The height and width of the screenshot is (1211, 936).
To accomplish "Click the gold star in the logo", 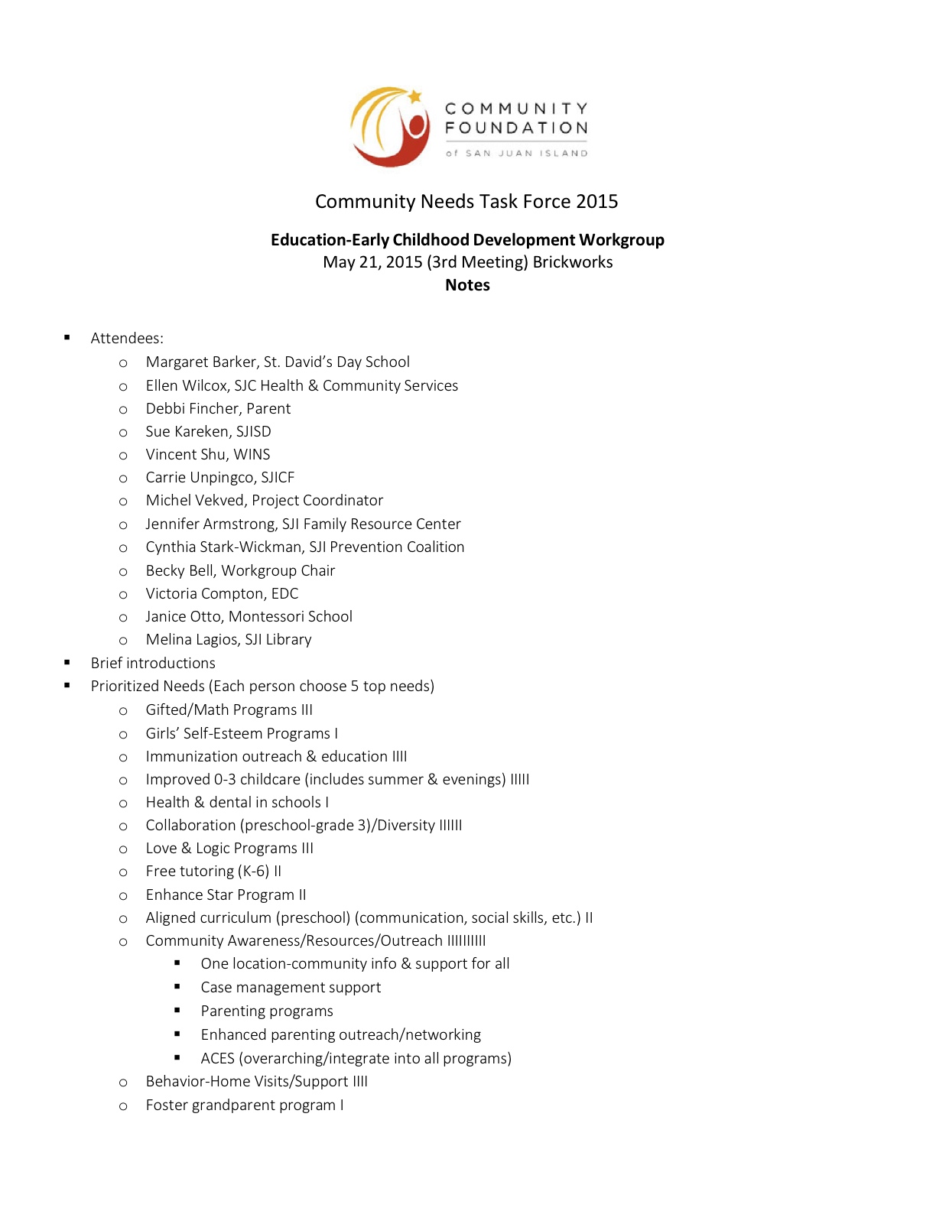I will (414, 96).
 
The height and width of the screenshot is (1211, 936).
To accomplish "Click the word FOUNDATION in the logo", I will (516, 128).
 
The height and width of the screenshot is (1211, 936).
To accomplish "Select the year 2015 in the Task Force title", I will (597, 202).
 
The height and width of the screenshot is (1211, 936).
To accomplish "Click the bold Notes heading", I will (467, 285).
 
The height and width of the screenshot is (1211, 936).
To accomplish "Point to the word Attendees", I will (127, 339).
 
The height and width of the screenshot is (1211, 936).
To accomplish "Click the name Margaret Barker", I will (200, 362).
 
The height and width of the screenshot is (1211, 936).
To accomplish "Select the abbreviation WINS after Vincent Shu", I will (252, 455).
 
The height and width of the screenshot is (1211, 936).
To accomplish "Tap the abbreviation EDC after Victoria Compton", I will (284, 594).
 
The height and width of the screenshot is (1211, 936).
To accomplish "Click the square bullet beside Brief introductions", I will (67, 663).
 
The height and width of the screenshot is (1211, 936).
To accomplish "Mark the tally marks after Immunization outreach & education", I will (399, 757).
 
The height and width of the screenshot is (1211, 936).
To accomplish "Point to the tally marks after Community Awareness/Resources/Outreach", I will (466, 941).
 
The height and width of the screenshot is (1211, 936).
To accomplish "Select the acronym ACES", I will (217, 1059).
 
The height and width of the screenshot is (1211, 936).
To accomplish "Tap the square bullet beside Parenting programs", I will (177, 1011).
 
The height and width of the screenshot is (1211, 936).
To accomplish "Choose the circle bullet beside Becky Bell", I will (123, 572).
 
